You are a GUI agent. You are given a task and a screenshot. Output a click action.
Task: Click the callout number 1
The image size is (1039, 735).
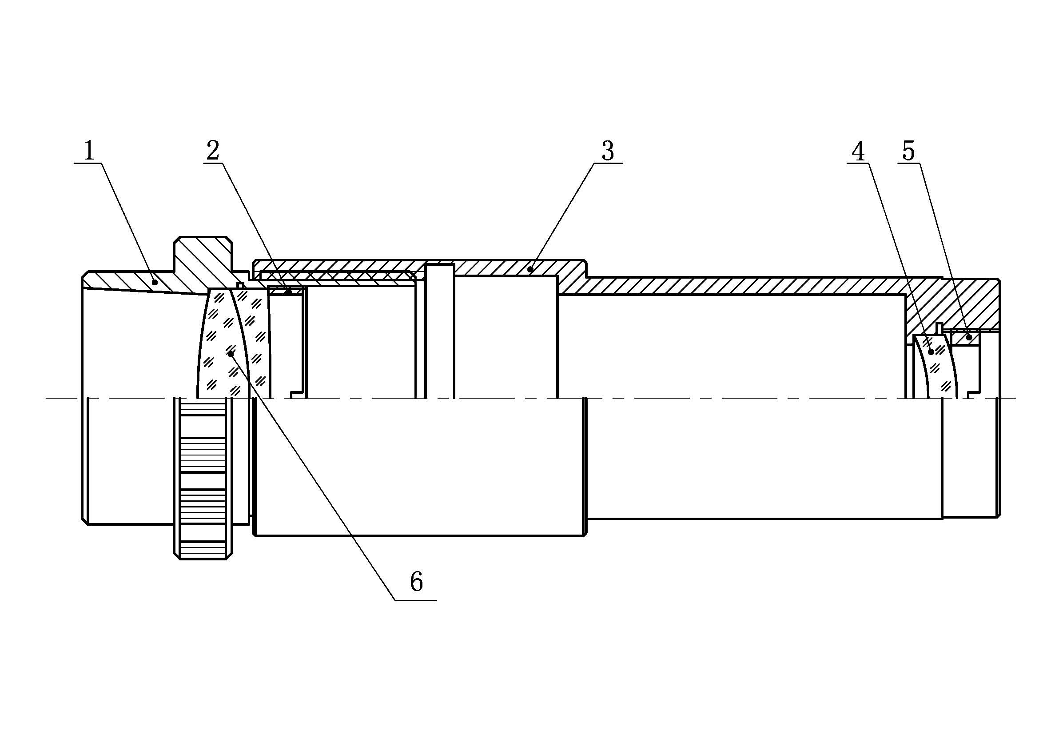[x=89, y=151]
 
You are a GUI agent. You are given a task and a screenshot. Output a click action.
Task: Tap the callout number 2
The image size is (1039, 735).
[x=213, y=151]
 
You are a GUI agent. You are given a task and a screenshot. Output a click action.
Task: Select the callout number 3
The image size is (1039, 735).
[x=608, y=151]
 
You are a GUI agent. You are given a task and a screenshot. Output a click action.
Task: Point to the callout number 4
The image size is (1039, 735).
[x=858, y=152]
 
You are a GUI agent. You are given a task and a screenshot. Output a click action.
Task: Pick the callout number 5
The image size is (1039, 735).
[x=908, y=151]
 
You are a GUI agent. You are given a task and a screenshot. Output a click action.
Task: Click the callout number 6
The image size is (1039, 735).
[x=416, y=582]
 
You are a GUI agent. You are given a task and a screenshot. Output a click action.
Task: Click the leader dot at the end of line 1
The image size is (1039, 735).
[x=155, y=283]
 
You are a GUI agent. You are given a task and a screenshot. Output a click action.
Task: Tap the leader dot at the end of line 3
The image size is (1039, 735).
[x=530, y=270]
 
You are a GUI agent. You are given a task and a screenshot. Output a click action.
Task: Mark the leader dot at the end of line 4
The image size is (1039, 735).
[x=932, y=352]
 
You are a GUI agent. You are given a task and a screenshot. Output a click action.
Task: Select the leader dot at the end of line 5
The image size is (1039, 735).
[x=969, y=337]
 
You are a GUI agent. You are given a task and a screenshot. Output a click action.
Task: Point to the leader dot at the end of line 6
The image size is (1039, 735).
[x=231, y=354]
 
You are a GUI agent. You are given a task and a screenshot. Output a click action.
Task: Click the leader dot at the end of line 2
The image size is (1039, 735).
[x=289, y=292]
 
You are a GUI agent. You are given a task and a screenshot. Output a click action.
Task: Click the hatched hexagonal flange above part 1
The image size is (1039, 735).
[x=202, y=256]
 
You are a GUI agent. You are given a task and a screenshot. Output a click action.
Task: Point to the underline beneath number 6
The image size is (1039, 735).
[x=415, y=600]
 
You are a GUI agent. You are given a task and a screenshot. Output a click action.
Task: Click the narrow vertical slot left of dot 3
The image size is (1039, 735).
[x=439, y=330]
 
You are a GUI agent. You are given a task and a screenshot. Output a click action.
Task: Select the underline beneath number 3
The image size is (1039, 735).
[x=608, y=163]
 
